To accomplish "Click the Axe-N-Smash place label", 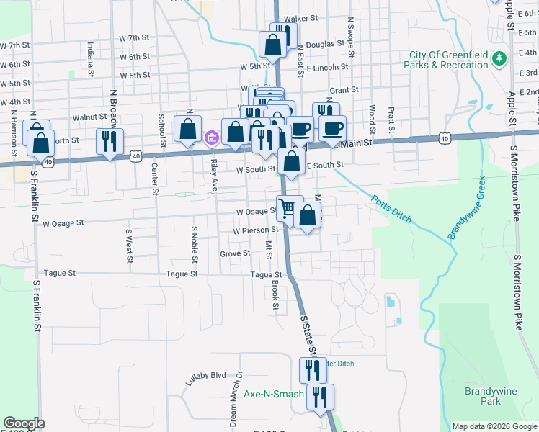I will coord(273,394).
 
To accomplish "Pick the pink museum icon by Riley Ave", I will coord(212,137).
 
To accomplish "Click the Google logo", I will coord(24,423).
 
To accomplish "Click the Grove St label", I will coord(235,253).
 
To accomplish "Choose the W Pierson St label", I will coord(256,230).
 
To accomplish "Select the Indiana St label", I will coord(91,59).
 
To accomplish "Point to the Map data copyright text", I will coord(494,426).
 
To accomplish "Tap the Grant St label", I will coord(344,90).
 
